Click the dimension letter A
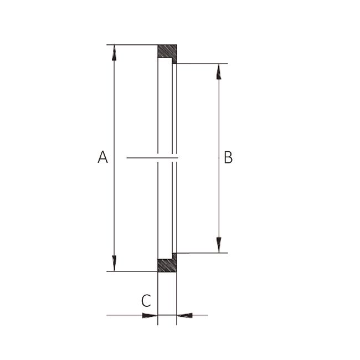(102, 157)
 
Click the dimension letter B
(228, 158)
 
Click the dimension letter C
(146, 301)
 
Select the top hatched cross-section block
(167, 52)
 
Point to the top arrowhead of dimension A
(114, 53)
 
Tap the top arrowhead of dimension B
(219, 71)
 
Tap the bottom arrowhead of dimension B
(219, 244)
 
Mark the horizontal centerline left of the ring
(141, 158)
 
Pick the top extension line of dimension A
(133, 45)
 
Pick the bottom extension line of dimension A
(133, 271)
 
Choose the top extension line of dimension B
(202, 64)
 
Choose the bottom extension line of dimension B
(202, 253)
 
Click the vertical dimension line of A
(114, 111)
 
